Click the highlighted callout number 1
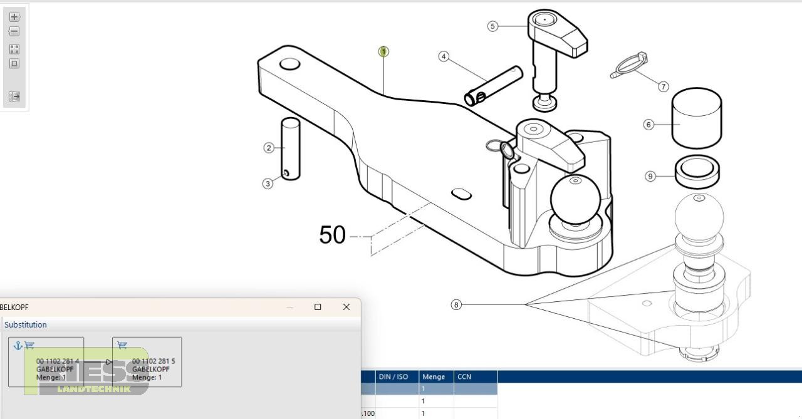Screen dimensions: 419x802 [383, 51]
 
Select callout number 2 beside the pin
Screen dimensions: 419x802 [269, 148]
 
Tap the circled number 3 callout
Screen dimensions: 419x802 [268, 184]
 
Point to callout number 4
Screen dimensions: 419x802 [444, 56]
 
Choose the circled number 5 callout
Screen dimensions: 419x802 [493, 26]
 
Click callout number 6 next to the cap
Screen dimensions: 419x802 [649, 125]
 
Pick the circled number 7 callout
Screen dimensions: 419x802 [664, 86]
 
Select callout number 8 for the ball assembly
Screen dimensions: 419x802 [456, 305]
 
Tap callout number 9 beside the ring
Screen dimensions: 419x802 [650, 177]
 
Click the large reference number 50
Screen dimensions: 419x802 [332, 235]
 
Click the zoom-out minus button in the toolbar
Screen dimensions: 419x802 [14, 31]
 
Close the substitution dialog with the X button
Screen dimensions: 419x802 [346, 307]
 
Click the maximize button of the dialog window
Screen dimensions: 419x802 [318, 307]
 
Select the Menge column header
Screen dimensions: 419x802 [434, 377]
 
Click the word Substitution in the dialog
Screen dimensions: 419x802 [26, 324]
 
